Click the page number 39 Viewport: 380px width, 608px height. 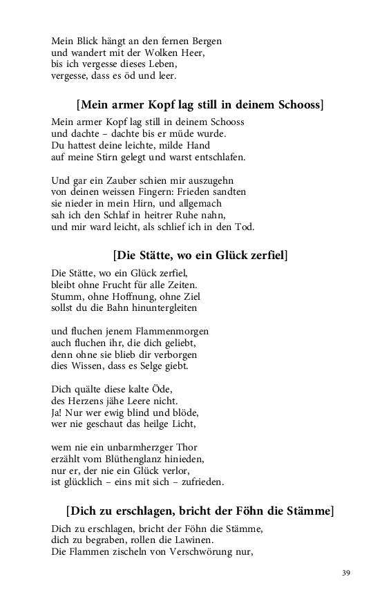coord(346,573)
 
